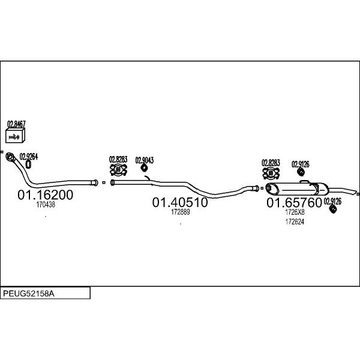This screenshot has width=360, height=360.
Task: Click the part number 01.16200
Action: pyautogui.click(x=45, y=194)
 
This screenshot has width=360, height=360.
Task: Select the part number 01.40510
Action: pyautogui.click(x=180, y=202)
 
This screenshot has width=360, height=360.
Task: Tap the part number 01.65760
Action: pyautogui.click(x=294, y=203)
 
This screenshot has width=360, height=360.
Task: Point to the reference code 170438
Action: pyautogui.click(x=46, y=205)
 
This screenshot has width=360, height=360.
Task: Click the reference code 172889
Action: pyautogui.click(x=181, y=212)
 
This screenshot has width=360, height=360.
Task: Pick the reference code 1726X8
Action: pyautogui.click(x=295, y=212)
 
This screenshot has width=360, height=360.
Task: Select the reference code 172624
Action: pyautogui.click(x=295, y=222)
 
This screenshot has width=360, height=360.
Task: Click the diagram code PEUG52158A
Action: pyautogui.click(x=29, y=293)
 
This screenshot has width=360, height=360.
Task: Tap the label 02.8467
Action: pyautogui.click(x=16, y=124)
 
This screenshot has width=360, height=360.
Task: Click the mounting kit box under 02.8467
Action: pyautogui.click(x=15, y=136)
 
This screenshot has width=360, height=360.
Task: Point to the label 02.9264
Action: pyautogui.click(x=29, y=157)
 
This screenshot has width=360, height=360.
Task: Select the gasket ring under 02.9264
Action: pyautogui.click(x=28, y=164)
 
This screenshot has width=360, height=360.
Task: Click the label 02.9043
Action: pyautogui.click(x=145, y=160)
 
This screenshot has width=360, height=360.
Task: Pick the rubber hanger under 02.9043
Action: pyautogui.click(x=144, y=168)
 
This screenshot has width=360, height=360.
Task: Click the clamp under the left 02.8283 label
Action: pyautogui.click(x=118, y=170)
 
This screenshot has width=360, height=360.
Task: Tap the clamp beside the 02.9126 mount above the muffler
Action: pyautogui.click(x=271, y=173)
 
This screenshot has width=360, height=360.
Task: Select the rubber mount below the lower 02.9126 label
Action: pyautogui.click(x=332, y=208)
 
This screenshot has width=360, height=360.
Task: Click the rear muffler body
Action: pyautogui.click(x=296, y=189)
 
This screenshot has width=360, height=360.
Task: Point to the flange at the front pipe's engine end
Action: pyautogui.click(x=10, y=157)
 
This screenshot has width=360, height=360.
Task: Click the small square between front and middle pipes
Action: pyautogui.click(x=104, y=182)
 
